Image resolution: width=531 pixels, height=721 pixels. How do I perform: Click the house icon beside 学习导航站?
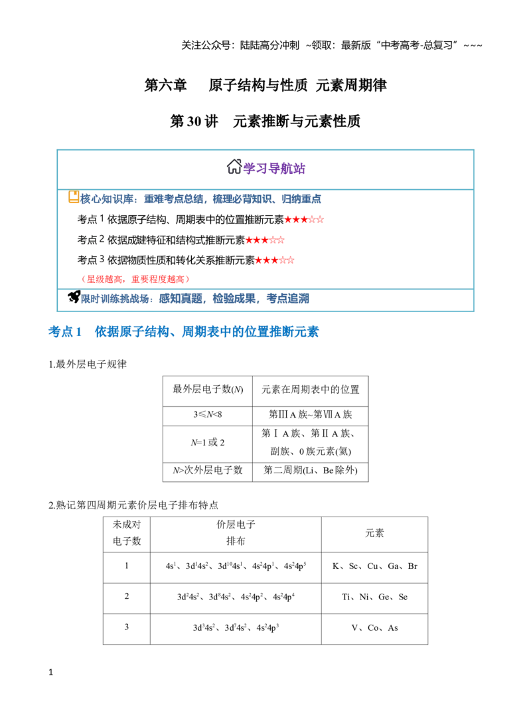tap(234, 167)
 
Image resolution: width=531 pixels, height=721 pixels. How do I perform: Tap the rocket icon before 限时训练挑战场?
tap(74, 297)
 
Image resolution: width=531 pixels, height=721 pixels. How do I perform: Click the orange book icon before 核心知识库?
tap(74, 197)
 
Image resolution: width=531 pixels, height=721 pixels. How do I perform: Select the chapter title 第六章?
tap(165, 85)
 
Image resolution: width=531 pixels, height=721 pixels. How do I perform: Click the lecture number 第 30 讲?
tap(194, 121)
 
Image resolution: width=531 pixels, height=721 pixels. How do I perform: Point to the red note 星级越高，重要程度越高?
tap(135, 279)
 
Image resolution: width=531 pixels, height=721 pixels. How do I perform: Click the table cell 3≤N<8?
tap(207, 415)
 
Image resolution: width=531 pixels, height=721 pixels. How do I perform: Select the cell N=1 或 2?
tap(207, 443)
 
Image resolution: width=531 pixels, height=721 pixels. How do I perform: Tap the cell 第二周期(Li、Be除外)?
tap(311, 471)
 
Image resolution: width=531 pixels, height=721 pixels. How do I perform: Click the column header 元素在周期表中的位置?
tap(311, 390)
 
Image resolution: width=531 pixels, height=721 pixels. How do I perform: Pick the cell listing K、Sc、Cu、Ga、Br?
tap(375, 566)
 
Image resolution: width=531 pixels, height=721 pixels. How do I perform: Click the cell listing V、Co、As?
tap(375, 628)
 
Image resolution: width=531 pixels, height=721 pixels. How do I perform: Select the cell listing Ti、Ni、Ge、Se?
tap(375, 598)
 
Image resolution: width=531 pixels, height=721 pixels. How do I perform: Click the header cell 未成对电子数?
tap(126, 533)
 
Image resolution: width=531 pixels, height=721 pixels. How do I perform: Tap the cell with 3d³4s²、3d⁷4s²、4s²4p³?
tap(236, 628)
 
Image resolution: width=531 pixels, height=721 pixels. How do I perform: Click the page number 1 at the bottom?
tap(50, 673)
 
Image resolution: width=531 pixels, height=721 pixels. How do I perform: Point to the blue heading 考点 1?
tap(65, 332)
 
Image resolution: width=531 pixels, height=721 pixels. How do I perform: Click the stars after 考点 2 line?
tap(265, 240)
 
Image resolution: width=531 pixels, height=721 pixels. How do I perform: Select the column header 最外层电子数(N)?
tap(207, 390)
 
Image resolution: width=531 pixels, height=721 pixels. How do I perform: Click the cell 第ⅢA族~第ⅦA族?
tap(311, 415)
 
